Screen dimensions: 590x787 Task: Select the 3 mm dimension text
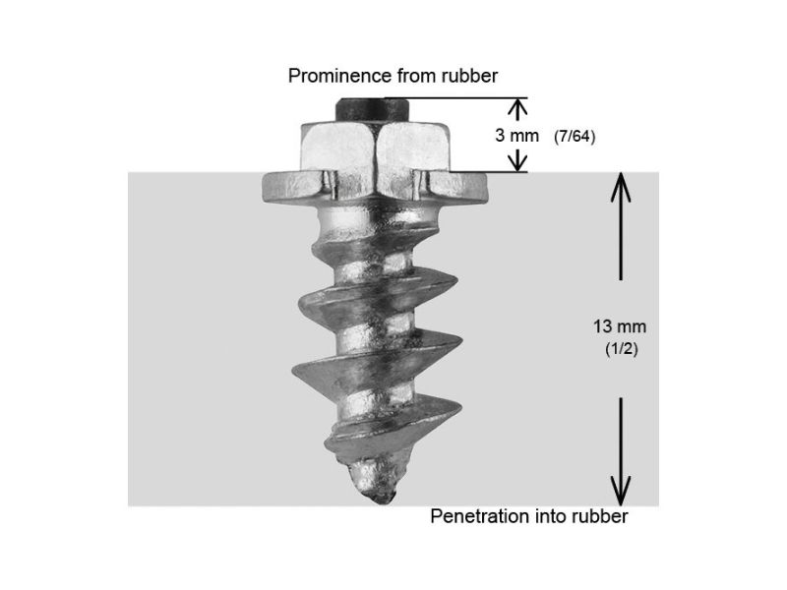[x=516, y=136]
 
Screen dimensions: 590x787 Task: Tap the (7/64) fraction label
[x=575, y=137]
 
